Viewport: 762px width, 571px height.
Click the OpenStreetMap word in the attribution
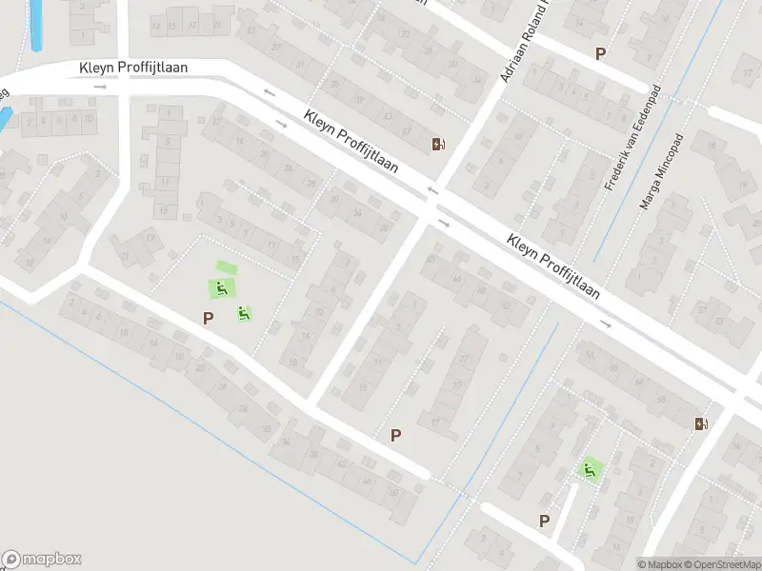[x=729, y=564]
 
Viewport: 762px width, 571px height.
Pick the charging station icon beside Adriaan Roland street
[x=437, y=145]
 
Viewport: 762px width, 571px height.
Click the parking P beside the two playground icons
[x=208, y=318]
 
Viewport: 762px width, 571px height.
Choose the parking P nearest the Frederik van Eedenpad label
[x=600, y=54]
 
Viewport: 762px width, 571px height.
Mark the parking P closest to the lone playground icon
[x=545, y=521]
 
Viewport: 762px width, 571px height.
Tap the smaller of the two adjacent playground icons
[x=244, y=311]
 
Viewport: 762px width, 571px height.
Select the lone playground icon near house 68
[x=590, y=469]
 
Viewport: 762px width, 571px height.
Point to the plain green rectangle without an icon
[x=225, y=268]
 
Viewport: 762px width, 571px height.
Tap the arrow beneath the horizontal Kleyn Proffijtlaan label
[x=100, y=87]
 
